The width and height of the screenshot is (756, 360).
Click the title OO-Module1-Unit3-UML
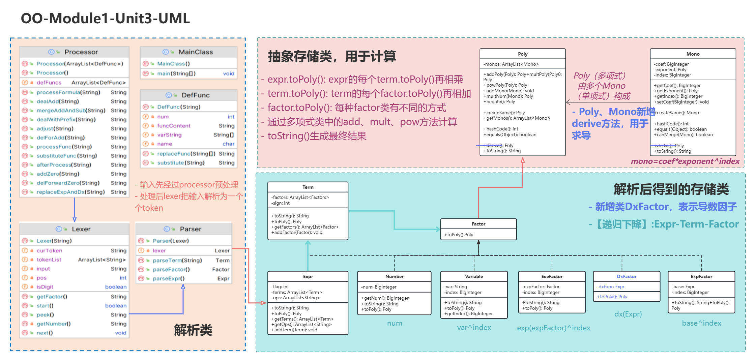105,18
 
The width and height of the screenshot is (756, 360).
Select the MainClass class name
196,52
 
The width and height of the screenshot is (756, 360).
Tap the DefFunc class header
196,95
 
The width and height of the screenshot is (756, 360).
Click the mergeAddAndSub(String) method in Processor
71,111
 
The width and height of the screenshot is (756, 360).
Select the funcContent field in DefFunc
174,126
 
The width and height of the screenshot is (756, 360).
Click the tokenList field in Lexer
49,260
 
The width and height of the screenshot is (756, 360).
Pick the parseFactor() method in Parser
171,269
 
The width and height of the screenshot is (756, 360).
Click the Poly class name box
522,54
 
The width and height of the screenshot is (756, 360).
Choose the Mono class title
693,54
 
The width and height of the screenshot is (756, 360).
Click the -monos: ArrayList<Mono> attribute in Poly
511,64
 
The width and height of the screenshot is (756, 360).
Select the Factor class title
478,224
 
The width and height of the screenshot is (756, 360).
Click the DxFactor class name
627,276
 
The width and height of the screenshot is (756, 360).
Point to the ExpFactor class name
701,276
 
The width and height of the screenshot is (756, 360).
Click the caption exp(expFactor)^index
553,328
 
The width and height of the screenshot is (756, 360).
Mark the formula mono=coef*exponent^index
685,161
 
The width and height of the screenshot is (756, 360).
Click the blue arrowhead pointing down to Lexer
75,219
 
